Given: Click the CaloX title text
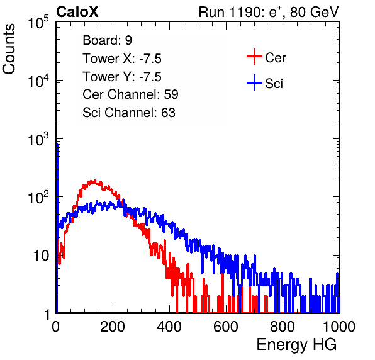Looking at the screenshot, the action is pos(77,12).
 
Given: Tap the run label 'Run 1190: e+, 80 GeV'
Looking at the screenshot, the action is pos(269,12).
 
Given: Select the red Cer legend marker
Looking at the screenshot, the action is pos(254,57).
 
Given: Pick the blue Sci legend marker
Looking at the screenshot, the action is pos(254,82).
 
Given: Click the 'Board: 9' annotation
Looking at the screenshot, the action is pos(107,40).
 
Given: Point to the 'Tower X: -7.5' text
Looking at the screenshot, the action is pos(122,59).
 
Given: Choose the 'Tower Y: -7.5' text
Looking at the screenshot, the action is pos(122,77).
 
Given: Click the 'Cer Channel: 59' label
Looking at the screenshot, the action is pos(130,94).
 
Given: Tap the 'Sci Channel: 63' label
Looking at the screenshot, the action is pos(129,113).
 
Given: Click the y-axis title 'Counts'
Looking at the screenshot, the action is pos(9,49).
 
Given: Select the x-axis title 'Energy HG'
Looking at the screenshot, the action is pos(296,345).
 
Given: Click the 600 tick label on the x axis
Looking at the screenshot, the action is pos(226,327).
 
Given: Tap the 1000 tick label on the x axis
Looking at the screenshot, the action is pos(339,327).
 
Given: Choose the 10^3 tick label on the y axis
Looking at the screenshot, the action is pos(38,139).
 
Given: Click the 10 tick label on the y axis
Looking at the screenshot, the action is pos(42,256).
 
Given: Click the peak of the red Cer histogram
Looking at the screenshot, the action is pos(95,181).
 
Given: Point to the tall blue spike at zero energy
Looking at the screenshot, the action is pos(57,227).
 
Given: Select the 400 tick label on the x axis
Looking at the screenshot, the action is pos(169,327).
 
